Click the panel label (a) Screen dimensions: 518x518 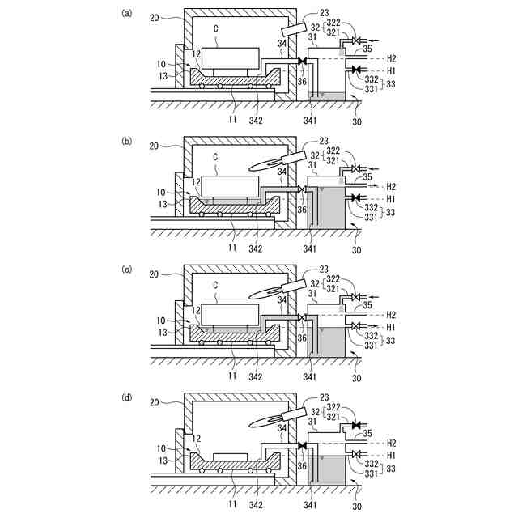coord(126,13)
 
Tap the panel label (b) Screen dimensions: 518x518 coord(126,141)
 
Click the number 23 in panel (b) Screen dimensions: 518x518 coord(325,141)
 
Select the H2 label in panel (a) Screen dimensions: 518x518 coord(391,58)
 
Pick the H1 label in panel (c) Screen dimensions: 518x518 coord(391,326)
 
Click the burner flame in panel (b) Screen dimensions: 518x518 coord(268,164)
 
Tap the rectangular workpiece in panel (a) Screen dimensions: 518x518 coord(231,60)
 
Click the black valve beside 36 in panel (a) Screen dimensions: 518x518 coord(302,62)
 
